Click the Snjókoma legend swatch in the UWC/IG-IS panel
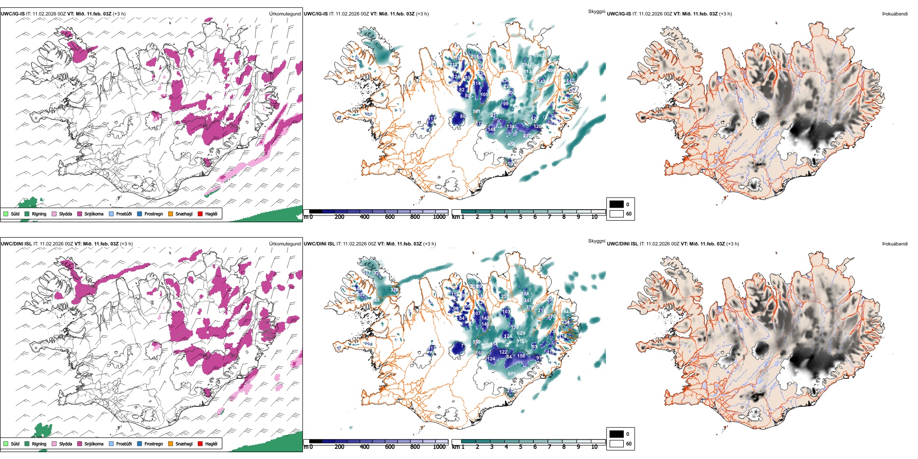pyautogui.click(x=80, y=214)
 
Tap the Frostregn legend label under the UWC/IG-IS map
pyautogui.click(x=153, y=214)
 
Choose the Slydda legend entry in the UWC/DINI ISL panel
pyautogui.click(x=65, y=444)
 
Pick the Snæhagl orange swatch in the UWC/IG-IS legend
pyautogui.click(x=171, y=214)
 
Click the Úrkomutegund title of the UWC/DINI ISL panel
pyautogui.click(x=285, y=244)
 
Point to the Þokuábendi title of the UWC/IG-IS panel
pyautogui.click(x=895, y=14)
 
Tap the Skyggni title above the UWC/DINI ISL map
pyautogui.click(x=596, y=241)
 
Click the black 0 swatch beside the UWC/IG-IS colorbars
pyautogui.click(x=617, y=204)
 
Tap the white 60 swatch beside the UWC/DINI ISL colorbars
pyautogui.click(x=617, y=444)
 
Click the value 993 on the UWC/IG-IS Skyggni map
pyautogui.click(x=540, y=56)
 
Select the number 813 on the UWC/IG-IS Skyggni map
pyautogui.click(x=527, y=72)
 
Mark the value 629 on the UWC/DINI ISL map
pyautogui.click(x=521, y=333)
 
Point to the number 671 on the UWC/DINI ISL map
pyautogui.click(x=512, y=374)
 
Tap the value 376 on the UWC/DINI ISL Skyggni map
pyautogui.click(x=394, y=290)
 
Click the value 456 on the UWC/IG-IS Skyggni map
pyautogui.click(x=512, y=144)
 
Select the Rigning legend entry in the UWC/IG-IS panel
pyautogui.click(x=39, y=214)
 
